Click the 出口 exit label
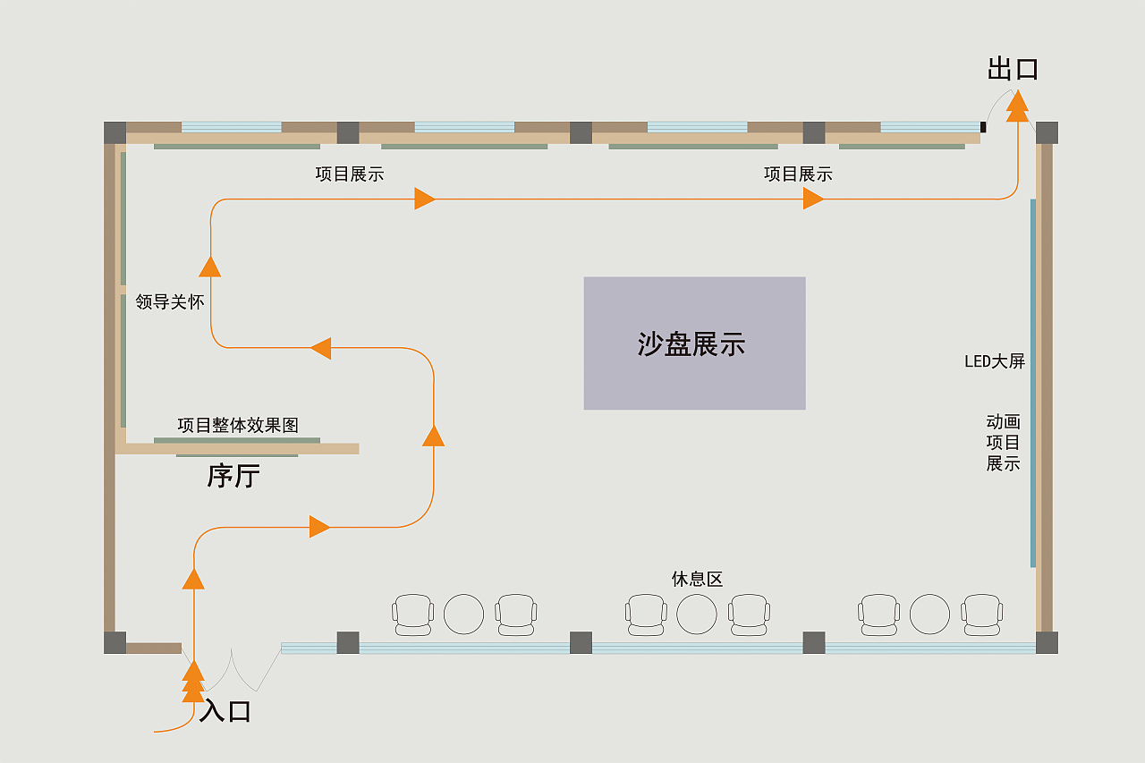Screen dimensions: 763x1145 pos(1013,69)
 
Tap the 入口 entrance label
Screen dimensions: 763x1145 pos(225,711)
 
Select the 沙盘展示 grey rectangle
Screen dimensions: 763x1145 pos(694,343)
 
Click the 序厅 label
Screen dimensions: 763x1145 pos(233,475)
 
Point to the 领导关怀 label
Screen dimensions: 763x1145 pos(170,302)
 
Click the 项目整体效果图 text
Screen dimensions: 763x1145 pos(238,425)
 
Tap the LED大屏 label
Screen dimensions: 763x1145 pos(994,361)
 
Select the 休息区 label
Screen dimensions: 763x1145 pos(697,579)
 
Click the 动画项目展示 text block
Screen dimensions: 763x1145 pos(1003,442)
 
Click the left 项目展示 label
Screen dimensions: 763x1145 pos(350,174)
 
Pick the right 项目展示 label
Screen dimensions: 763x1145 pos(798,174)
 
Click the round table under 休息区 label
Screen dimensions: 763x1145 pos(697,615)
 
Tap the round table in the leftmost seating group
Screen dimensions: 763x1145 pos(463,615)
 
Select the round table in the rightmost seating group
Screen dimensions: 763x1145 pos(929,615)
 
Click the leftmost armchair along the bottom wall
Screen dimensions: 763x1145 pos(412,615)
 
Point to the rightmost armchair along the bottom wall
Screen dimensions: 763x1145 pos(981,615)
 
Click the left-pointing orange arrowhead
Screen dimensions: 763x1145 pos(320,348)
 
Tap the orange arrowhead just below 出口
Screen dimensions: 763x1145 pos(1017,106)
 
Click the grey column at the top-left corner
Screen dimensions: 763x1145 pos(114,132)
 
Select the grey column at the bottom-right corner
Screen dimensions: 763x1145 pos(1047,642)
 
